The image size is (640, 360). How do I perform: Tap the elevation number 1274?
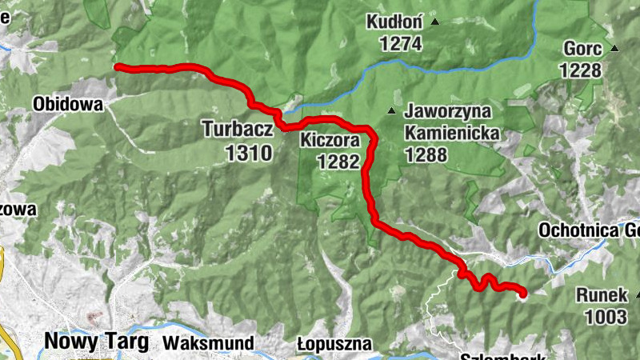coord(401,45)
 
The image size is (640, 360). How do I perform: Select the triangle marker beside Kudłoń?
coord(435,22)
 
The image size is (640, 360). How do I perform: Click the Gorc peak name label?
coord(582,48)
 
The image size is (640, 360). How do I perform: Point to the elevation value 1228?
coord(580,70)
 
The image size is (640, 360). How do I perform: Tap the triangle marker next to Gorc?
coord(614,49)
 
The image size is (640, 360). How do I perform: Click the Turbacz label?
coord(238,128)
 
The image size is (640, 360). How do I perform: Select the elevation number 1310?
coord(249,153)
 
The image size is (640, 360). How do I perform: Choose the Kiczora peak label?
coord(331,141)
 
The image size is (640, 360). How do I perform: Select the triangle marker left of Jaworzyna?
coord(391,110)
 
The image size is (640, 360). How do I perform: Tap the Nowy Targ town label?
coord(96,342)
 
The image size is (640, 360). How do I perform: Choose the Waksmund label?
coord(209,343)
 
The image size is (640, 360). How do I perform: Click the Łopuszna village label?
coord(334,344)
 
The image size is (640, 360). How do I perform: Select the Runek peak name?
coord(602,295)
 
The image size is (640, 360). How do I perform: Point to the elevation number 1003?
coord(606,317)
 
